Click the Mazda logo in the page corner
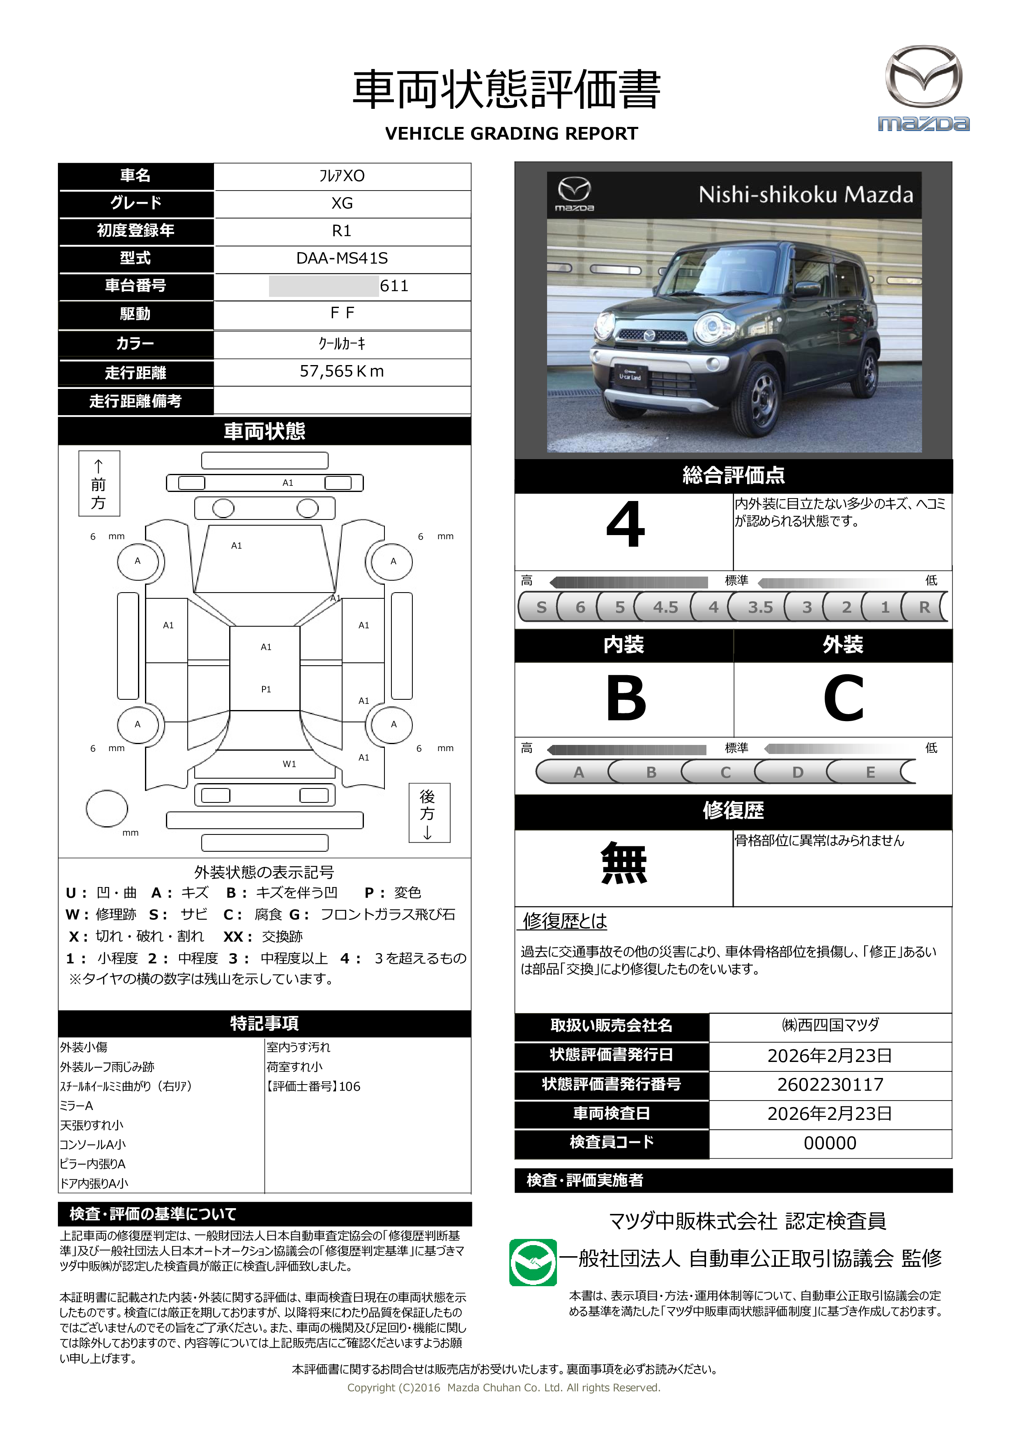coord(923,88)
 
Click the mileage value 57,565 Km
coord(342,372)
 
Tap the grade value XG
coord(342,203)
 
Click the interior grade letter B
coord(626,699)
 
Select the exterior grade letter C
coord(843,699)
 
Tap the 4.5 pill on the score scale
coord(665,607)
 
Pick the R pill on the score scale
coord(924,607)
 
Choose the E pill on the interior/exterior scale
coord(870,772)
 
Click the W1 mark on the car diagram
coord(289,764)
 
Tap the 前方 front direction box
coord(99,484)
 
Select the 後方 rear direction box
coord(429,813)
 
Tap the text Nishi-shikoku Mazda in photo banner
coord(805,195)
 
